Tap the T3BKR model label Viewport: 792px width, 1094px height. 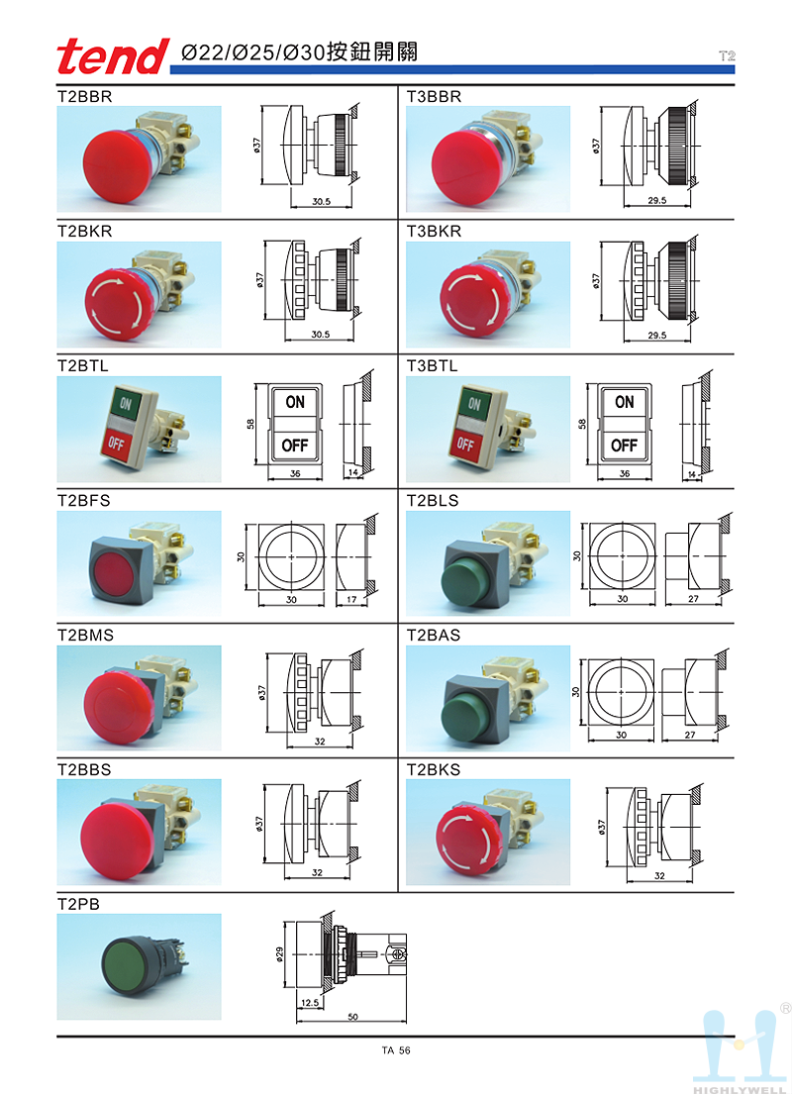[434, 232]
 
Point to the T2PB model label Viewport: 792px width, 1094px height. [78, 904]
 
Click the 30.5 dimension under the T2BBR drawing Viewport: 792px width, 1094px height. [320, 200]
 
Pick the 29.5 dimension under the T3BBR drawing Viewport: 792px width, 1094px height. [655, 200]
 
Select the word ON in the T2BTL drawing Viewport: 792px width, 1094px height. [295, 402]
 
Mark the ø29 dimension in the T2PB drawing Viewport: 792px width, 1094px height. [280, 953]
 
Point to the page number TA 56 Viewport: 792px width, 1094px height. [395, 1051]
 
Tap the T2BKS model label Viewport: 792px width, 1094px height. [434, 768]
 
